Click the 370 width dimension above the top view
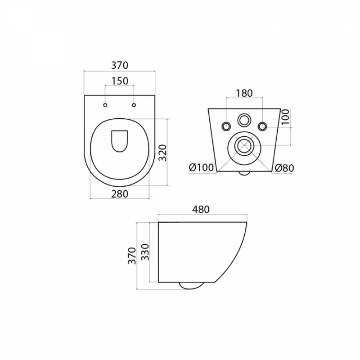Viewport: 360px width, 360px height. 120,65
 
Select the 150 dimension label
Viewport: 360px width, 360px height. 120,81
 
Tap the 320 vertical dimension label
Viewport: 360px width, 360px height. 162,153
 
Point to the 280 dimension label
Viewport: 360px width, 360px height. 120,194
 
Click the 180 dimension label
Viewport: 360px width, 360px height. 244,93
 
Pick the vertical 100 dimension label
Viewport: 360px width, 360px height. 286,117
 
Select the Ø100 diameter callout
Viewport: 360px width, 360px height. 201,168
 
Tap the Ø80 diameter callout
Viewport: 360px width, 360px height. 284,168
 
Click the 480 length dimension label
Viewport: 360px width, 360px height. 201,209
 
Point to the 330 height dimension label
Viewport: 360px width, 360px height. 145,252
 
